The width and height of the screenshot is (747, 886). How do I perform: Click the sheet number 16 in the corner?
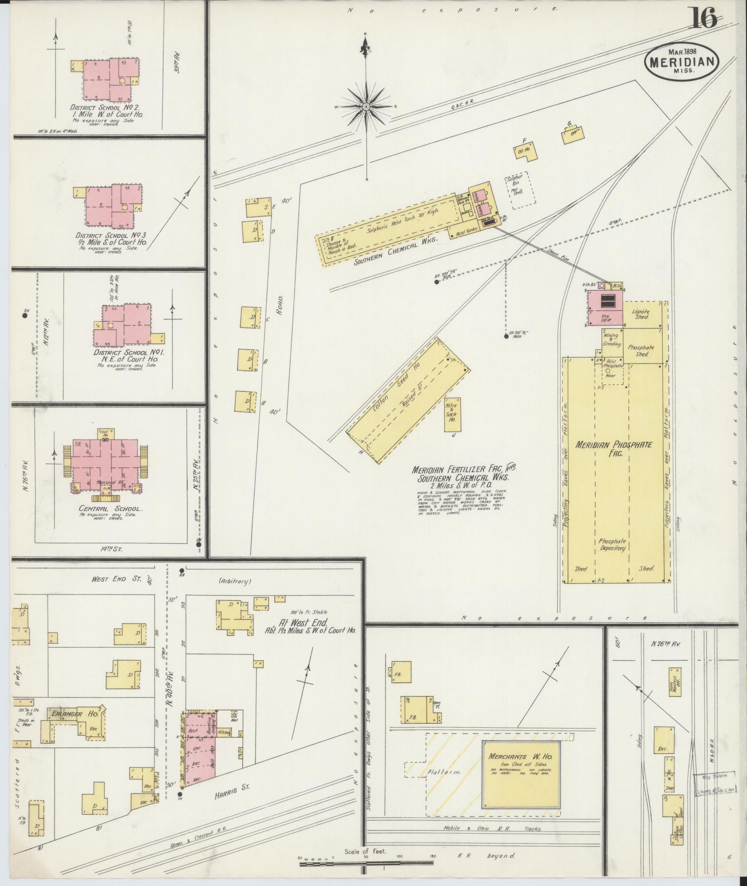(x=704, y=19)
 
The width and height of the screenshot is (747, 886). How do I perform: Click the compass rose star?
(x=366, y=107)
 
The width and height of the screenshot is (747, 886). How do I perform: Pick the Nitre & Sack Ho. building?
(x=452, y=414)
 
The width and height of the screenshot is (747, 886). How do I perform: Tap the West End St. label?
(x=113, y=578)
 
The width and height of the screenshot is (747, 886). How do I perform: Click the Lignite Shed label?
(x=641, y=314)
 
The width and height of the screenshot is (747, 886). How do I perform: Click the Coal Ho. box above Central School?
(x=105, y=433)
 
